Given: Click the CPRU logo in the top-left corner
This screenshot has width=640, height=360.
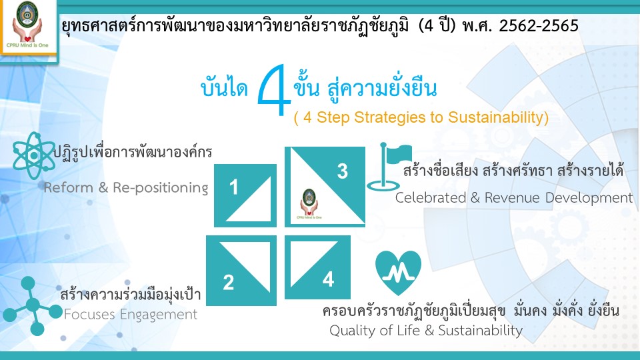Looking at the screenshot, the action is point(27,25).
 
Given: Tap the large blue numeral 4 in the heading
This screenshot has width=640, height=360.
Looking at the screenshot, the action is point(274,90).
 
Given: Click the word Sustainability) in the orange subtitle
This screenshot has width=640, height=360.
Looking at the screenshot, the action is point(499,117).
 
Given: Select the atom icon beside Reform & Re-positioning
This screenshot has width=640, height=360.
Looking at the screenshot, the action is point(33,155).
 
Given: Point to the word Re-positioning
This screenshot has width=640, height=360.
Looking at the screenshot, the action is point(161,188).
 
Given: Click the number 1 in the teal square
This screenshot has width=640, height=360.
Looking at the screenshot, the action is point(233,187).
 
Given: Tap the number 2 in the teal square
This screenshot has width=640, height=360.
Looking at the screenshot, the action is point(229,283).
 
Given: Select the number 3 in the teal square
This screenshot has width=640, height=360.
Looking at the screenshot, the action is point(343,171).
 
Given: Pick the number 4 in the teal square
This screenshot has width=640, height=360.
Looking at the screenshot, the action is point(329,279).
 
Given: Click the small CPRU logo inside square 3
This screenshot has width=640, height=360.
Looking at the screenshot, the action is point(309,204).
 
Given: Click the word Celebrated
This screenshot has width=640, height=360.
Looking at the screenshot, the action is point(431,198).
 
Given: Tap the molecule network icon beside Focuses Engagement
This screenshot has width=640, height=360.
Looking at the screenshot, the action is point(32,305).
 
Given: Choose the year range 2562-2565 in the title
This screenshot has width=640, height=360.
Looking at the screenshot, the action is point(539,26).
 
